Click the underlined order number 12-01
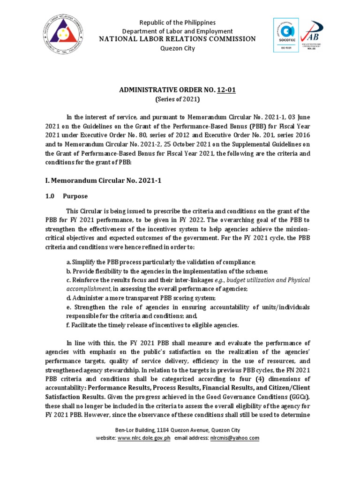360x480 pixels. tap(226, 90)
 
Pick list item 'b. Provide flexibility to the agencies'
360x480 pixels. tap(167, 271)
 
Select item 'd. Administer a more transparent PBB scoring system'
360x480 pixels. tap(141, 299)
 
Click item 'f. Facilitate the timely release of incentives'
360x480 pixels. tap(152, 325)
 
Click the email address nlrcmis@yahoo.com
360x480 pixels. tap(235, 438)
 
